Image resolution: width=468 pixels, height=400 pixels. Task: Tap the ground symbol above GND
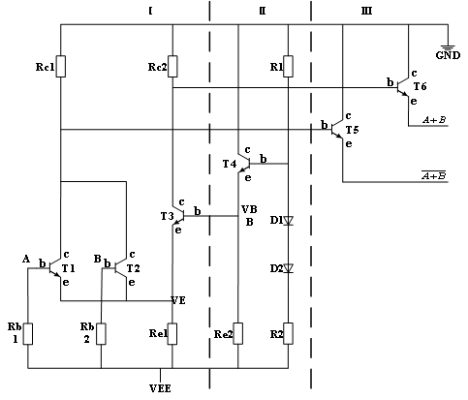click(449, 46)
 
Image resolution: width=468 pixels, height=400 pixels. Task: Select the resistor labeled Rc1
click(61, 66)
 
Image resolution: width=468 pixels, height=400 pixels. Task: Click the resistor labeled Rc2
click(172, 66)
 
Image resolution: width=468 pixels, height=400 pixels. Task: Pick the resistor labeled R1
click(289, 66)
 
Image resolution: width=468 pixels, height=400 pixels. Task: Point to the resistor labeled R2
click(289, 334)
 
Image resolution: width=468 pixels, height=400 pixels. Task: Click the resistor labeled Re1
click(172, 334)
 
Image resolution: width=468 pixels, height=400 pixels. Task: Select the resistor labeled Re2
click(237, 334)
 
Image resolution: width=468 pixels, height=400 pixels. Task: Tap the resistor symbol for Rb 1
click(28, 334)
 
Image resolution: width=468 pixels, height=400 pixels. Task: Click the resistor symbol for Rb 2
click(101, 334)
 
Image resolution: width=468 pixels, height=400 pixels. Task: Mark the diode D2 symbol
click(288, 267)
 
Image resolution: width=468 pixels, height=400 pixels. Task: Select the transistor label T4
click(230, 164)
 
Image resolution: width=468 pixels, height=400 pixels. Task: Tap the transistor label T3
click(167, 215)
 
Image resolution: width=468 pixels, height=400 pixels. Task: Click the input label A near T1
click(26, 258)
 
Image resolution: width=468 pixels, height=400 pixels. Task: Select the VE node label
click(178, 299)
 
